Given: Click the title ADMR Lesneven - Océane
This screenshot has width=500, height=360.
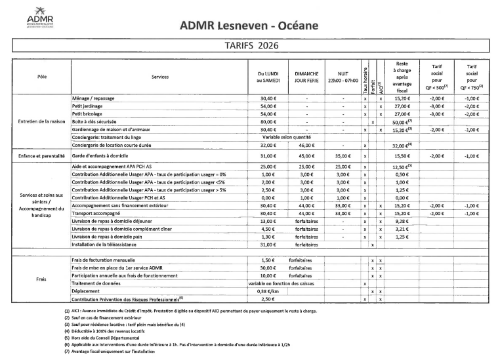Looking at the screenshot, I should point(249,26).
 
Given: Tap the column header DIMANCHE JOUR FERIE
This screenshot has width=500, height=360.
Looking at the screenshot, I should point(306,77).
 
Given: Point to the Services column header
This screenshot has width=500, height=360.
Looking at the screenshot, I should point(159,77).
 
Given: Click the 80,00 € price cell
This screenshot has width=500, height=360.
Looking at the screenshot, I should point(266,122).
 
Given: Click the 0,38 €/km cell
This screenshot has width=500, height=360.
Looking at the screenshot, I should point(266,292).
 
